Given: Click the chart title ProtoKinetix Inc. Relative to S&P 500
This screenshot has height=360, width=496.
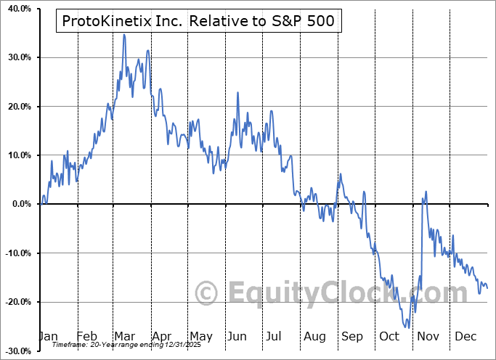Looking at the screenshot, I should coord(199,21).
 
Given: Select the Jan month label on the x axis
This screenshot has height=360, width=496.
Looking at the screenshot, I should coord(47,336).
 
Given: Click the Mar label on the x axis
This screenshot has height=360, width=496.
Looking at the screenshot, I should coord(124,336).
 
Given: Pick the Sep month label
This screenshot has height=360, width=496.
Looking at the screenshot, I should coord(352,336).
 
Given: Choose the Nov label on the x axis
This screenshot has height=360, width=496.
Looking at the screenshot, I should coord(428,336).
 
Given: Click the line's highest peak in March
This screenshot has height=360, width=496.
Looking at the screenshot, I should coord(124,34).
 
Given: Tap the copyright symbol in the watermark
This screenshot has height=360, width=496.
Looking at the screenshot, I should coord(208,293).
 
